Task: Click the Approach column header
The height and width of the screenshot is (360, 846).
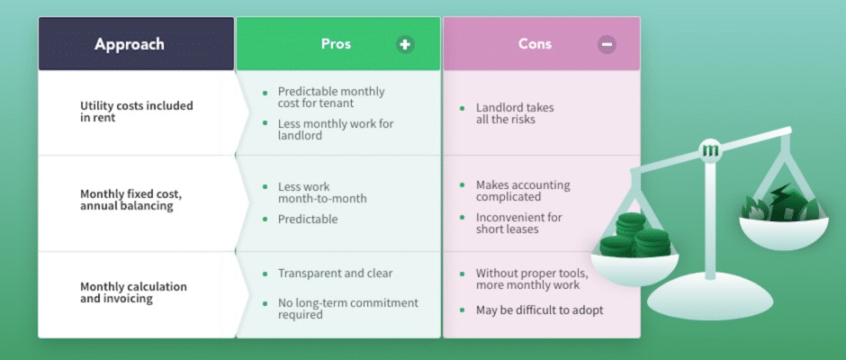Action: [130, 44]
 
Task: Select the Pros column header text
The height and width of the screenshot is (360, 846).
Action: [336, 44]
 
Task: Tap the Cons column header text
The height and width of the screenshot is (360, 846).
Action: [535, 44]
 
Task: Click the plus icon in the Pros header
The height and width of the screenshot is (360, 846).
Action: [405, 44]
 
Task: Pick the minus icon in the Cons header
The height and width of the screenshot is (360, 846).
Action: [607, 44]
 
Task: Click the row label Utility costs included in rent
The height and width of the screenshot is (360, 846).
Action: [137, 112]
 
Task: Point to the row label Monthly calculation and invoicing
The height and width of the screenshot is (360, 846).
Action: [133, 292]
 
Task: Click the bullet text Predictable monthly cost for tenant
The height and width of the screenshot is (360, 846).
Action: [331, 97]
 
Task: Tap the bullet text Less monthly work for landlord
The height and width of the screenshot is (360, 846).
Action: [336, 130]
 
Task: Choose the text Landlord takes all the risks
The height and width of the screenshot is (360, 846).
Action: [515, 113]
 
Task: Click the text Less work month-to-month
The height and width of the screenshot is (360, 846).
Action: [322, 193]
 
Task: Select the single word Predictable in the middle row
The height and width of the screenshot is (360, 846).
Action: [308, 219]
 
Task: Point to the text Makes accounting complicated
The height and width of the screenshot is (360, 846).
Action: [523, 191]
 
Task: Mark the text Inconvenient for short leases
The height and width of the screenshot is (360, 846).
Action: [518, 223]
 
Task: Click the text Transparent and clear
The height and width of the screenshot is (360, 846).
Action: [335, 273]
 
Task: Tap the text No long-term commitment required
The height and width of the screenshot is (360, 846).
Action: [348, 308]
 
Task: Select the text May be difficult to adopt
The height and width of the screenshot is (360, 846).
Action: [539, 310]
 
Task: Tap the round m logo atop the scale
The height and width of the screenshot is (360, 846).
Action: [709, 150]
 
